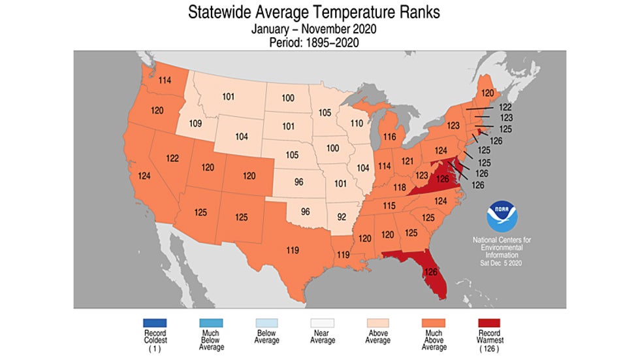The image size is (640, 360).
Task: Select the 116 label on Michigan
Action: click(391, 137)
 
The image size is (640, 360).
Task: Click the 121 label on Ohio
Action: click(408, 161)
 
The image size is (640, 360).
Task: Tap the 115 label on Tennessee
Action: click(389, 206)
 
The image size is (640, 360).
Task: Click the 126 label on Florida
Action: click(431, 272)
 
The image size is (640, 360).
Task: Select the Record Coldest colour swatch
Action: click(154, 323)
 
